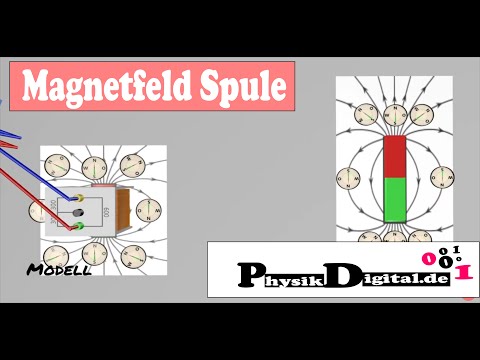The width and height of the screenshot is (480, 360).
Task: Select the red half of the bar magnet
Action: pos(395,157)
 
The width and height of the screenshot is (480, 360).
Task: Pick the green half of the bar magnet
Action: pos(395,199)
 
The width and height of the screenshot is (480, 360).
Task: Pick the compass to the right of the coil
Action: pos(148,209)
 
